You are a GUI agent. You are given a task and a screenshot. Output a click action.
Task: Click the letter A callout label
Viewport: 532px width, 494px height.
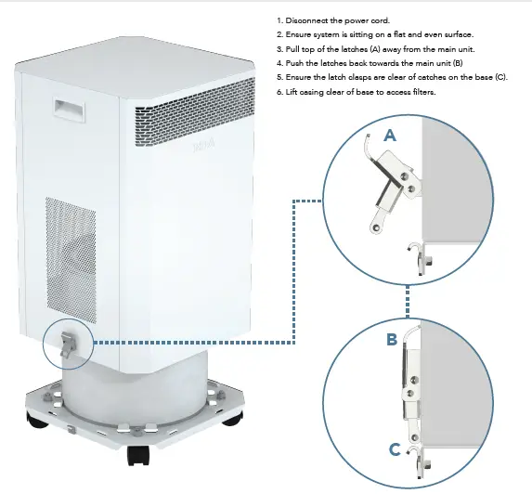click(x=390, y=135)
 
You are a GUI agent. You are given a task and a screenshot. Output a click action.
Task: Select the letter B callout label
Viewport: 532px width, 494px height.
click(x=392, y=340)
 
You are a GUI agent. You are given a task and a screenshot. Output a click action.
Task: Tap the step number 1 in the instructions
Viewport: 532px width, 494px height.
click(x=279, y=20)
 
